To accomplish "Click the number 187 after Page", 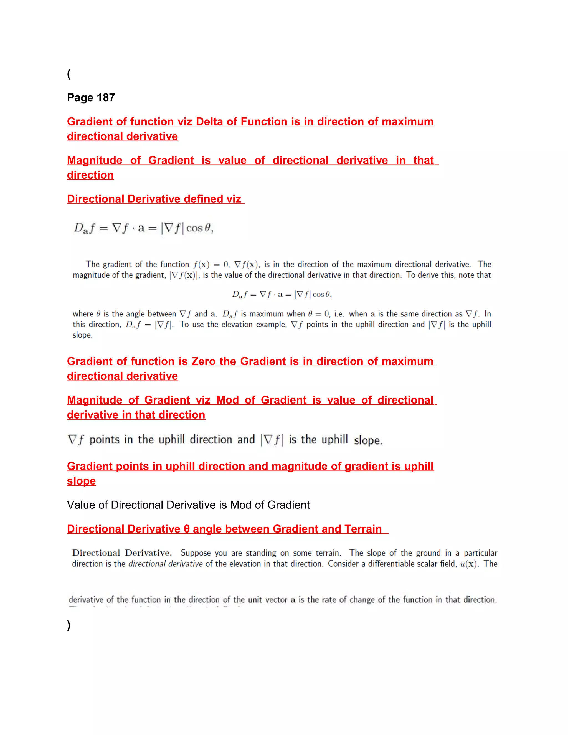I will click(106, 98).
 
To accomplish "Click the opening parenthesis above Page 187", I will click(69, 74).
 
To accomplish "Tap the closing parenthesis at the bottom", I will click(69, 625).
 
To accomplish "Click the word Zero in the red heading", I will click(204, 361).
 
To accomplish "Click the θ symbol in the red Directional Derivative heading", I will click(186, 529).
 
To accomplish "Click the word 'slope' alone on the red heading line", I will click(82, 481).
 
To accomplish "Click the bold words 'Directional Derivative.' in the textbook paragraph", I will click(122, 553).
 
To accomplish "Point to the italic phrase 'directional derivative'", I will click(166, 564).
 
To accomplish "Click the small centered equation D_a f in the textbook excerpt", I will click(282, 295).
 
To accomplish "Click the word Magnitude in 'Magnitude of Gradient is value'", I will click(95, 160).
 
